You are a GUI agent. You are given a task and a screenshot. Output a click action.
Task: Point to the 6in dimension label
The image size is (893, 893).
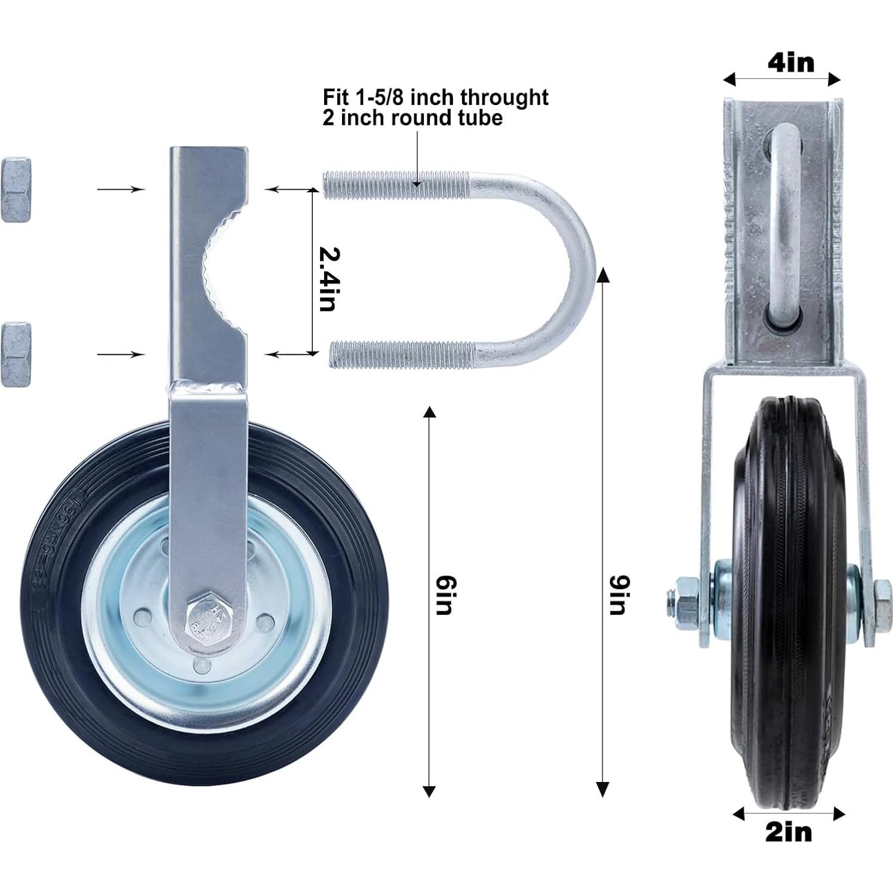pyautogui.click(x=445, y=595)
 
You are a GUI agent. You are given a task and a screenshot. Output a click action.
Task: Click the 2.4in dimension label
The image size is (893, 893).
pyautogui.click(x=329, y=278)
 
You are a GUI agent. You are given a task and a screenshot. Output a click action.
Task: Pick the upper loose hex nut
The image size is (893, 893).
pyautogui.click(x=16, y=190)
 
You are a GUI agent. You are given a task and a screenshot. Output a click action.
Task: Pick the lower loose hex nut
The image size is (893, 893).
pyautogui.click(x=16, y=354)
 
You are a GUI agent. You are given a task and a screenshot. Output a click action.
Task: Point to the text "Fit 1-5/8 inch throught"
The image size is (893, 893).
pyautogui.click(x=435, y=97)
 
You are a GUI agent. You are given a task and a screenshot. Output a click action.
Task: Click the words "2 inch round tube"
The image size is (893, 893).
pyautogui.click(x=412, y=118)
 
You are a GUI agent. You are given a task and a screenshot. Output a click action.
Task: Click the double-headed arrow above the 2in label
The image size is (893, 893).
pyautogui.click(x=789, y=813)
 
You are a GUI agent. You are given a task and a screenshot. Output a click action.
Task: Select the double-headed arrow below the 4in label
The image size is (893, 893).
pyautogui.click(x=781, y=79)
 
